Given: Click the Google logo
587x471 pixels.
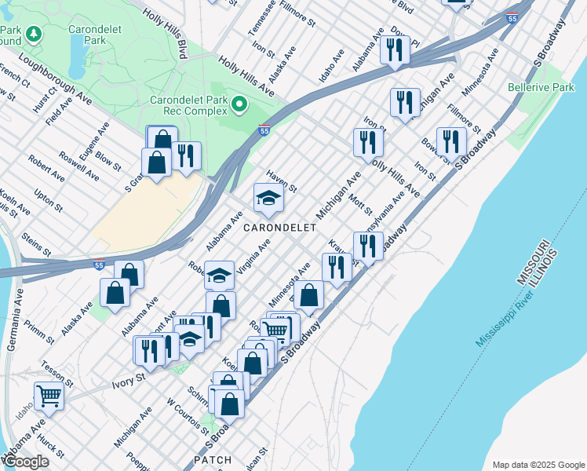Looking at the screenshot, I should pyautogui.click(x=26, y=462).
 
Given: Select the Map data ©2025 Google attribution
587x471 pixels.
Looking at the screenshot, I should pyautogui.click(x=538, y=464).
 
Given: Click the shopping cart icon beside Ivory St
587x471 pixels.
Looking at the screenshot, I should pyautogui.click(x=49, y=395).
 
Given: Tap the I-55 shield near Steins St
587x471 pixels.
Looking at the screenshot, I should pyautogui.click(x=99, y=264).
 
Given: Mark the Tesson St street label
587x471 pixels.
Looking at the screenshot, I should pyautogui.click(x=57, y=374).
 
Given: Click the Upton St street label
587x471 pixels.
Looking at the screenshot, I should pyautogui.click(x=48, y=200).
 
